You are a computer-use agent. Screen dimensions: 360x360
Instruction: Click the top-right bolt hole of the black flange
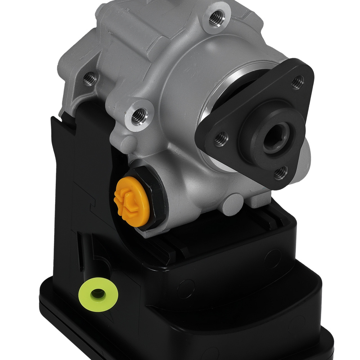pyautogui.click(x=297, y=82)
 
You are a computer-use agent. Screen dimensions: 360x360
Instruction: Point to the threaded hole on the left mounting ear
pyautogui.click(x=89, y=79)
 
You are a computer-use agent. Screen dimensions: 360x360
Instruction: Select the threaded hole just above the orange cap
pyautogui.click(x=138, y=115)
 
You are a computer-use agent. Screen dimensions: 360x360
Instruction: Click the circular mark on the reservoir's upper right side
pyautogui.click(x=273, y=258)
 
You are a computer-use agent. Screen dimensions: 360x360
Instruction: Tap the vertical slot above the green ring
pyautogui.click(x=80, y=252)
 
